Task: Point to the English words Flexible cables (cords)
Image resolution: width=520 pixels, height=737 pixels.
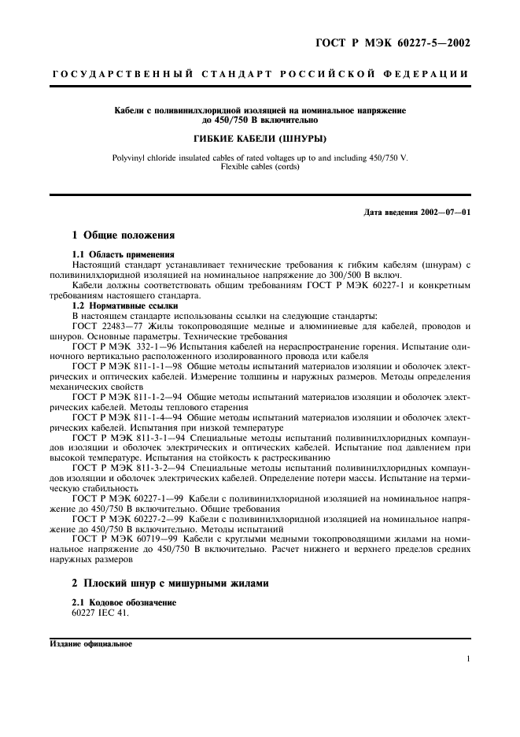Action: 260,167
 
